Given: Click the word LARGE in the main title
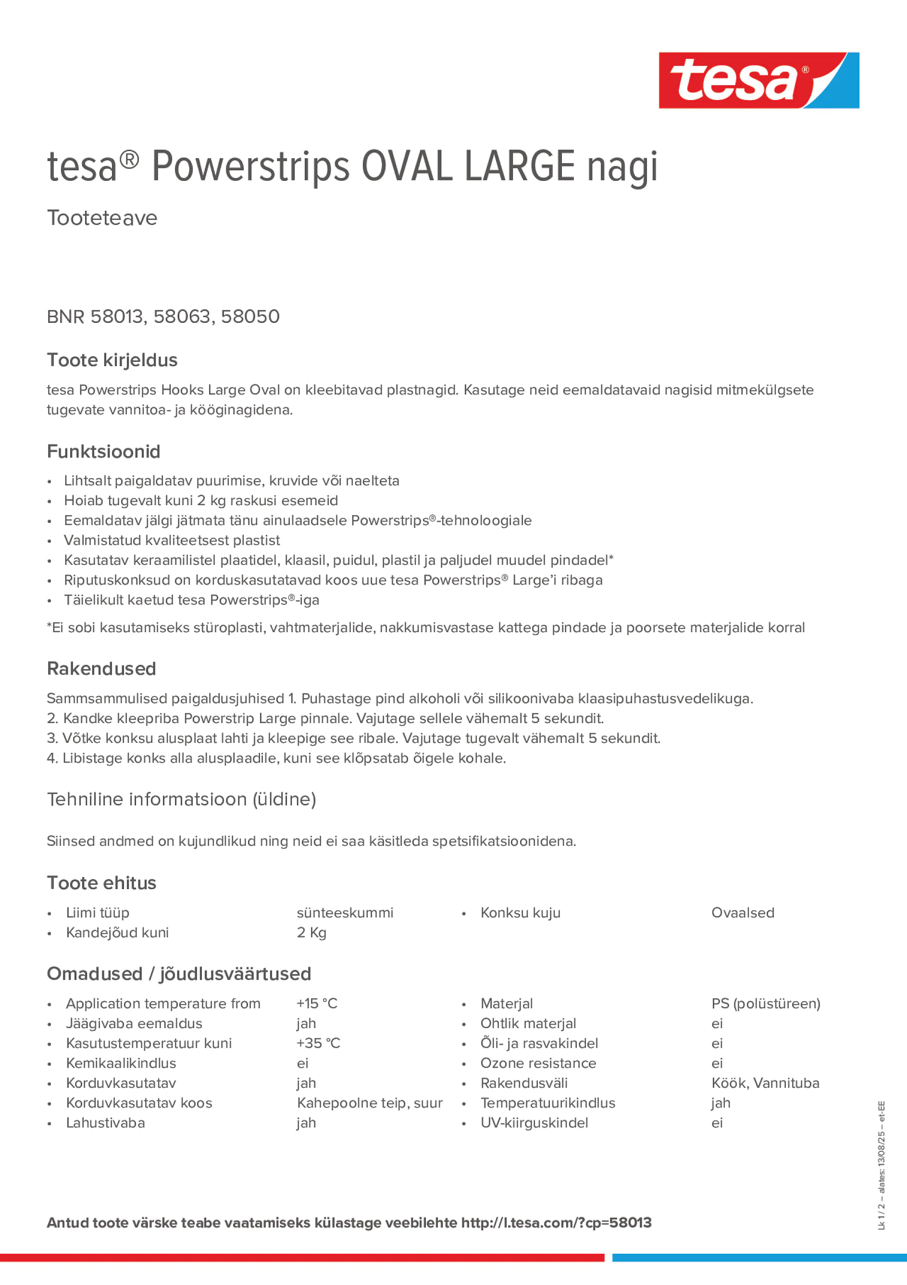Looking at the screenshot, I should pyautogui.click(x=520, y=167).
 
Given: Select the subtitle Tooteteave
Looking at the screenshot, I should pyautogui.click(x=102, y=218).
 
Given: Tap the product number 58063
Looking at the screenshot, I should pyautogui.click(x=182, y=317).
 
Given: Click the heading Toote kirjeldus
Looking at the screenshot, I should pyautogui.click(x=112, y=360).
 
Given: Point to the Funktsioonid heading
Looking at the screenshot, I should pyautogui.click(x=103, y=452).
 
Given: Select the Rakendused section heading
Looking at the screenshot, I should pyautogui.click(x=101, y=669).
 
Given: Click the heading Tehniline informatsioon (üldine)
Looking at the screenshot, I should pyautogui.click(x=181, y=799).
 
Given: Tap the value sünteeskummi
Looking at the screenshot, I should pyautogui.click(x=345, y=913).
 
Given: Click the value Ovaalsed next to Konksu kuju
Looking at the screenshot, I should pyautogui.click(x=743, y=913).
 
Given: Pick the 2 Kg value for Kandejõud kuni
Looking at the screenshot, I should pyautogui.click(x=311, y=932).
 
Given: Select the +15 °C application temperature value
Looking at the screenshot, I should pyautogui.click(x=317, y=1004).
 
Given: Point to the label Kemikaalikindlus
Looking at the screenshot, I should pyautogui.click(x=121, y=1063).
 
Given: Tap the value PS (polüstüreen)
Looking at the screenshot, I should pyautogui.click(x=766, y=1004).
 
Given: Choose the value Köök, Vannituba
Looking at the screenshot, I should pyautogui.click(x=765, y=1083).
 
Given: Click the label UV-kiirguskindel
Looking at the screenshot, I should pyautogui.click(x=534, y=1123).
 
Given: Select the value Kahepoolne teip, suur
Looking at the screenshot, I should pyautogui.click(x=370, y=1103).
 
